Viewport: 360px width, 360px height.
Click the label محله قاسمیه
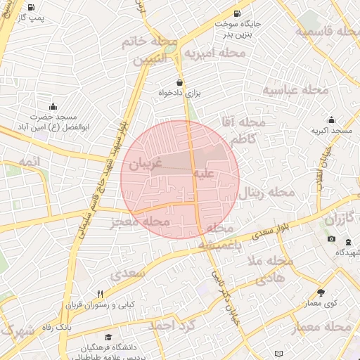pos(327,32)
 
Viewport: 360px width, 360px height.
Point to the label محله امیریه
pos(215,53)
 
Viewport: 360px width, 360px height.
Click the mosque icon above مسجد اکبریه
pos(331,120)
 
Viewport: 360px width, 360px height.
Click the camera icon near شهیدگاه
pos(331,239)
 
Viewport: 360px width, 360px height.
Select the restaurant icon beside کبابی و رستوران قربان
pos(99,294)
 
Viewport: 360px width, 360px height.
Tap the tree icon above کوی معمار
pos(321,292)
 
